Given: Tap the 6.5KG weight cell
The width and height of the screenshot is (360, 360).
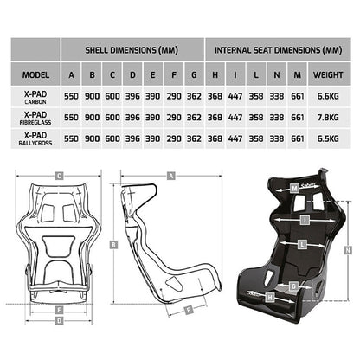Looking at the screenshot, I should [334, 138].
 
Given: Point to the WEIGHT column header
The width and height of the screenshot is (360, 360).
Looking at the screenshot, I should [334, 74].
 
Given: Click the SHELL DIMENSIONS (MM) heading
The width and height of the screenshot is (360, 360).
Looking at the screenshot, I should [132, 50].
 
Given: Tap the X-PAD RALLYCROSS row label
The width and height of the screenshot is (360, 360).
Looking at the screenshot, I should [35, 138].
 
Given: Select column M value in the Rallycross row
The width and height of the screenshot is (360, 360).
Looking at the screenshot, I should [299, 138].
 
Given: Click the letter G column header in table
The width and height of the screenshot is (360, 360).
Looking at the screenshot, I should [194, 74].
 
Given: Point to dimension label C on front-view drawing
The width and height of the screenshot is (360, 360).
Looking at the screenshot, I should [58, 176].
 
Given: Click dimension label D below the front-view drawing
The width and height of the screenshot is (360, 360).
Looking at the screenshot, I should [58, 320].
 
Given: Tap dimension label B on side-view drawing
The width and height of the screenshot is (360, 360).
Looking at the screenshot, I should [113, 245].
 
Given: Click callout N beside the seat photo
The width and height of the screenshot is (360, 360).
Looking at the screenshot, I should [347, 248].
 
